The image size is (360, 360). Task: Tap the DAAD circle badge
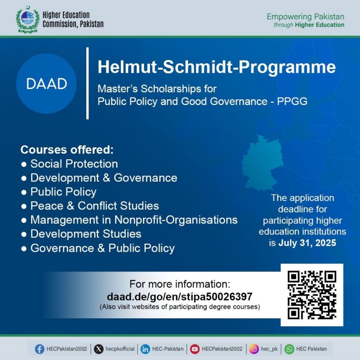(x=46, y=84)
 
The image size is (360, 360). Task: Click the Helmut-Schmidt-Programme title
(x=217, y=67)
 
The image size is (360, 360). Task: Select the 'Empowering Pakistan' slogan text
(x=305, y=17)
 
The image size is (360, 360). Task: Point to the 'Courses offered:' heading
(x=67, y=150)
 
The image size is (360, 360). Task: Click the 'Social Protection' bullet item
(x=74, y=164)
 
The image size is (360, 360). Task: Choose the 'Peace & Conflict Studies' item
(x=94, y=206)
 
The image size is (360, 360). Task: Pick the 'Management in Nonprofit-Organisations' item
(x=134, y=220)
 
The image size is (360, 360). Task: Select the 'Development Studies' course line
(x=85, y=234)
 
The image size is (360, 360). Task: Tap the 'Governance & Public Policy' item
(x=102, y=248)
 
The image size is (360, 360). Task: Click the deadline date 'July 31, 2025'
(x=307, y=243)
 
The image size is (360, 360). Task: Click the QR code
(x=312, y=295)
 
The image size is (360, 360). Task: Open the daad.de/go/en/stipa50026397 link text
(x=180, y=297)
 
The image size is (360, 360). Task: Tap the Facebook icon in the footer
(x=40, y=349)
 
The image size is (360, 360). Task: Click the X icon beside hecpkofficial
(x=98, y=349)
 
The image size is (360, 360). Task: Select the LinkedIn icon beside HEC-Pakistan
(x=145, y=349)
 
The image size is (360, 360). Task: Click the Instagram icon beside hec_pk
(x=254, y=349)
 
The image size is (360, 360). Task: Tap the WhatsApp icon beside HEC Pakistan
(x=290, y=349)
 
